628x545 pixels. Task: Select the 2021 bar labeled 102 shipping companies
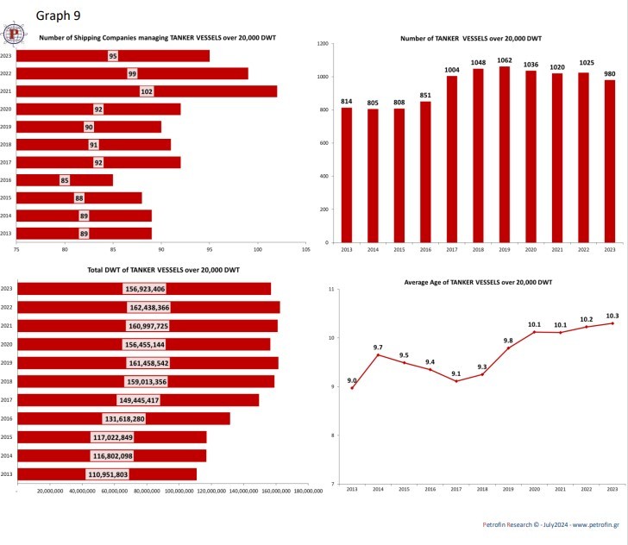(x=147, y=91)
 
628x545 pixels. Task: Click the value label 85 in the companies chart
(x=65, y=180)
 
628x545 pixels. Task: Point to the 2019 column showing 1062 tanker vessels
(x=505, y=155)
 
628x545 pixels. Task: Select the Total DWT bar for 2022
(x=148, y=307)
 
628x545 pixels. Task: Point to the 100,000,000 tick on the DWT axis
(x=179, y=492)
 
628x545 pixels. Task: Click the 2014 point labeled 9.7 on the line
(x=378, y=354)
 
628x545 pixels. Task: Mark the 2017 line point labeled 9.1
(x=455, y=381)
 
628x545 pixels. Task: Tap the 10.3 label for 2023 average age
(x=612, y=315)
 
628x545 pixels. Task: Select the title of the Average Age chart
(x=478, y=282)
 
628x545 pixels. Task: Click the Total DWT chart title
(x=163, y=271)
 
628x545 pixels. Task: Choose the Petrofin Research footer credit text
(x=551, y=524)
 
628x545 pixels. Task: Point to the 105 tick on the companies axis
(x=305, y=250)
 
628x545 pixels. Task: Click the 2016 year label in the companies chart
(x=6, y=180)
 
